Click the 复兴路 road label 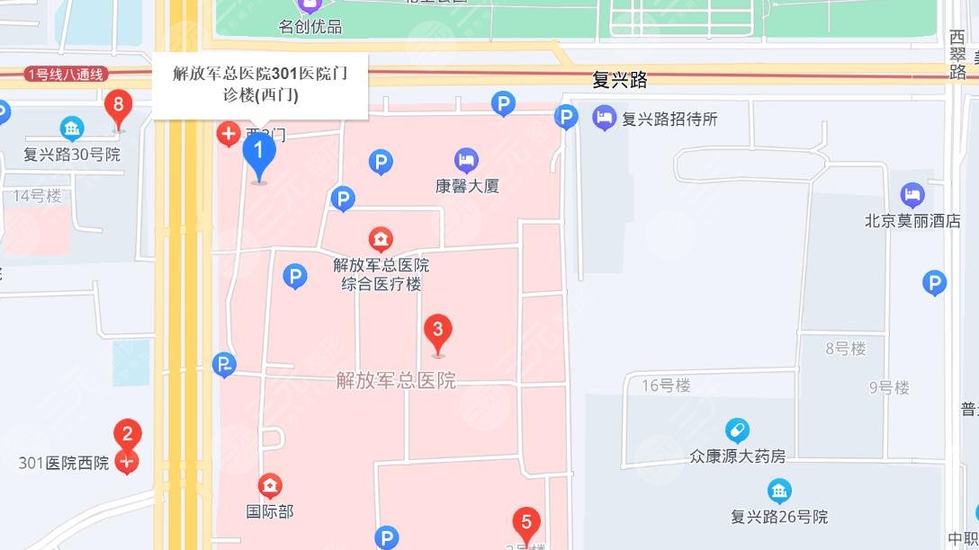click(x=620, y=80)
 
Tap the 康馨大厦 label click(x=467, y=187)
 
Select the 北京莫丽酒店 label click(x=912, y=221)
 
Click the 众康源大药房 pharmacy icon click(x=737, y=430)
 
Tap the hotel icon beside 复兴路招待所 click(x=605, y=118)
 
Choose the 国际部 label click(x=270, y=511)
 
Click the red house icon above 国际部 click(x=270, y=487)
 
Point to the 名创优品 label click(x=310, y=27)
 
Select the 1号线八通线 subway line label click(x=67, y=75)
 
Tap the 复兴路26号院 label click(x=779, y=517)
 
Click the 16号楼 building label click(x=666, y=386)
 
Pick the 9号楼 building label click(x=889, y=388)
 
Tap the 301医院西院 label click(x=64, y=464)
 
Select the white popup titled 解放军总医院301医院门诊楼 click(x=260, y=85)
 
